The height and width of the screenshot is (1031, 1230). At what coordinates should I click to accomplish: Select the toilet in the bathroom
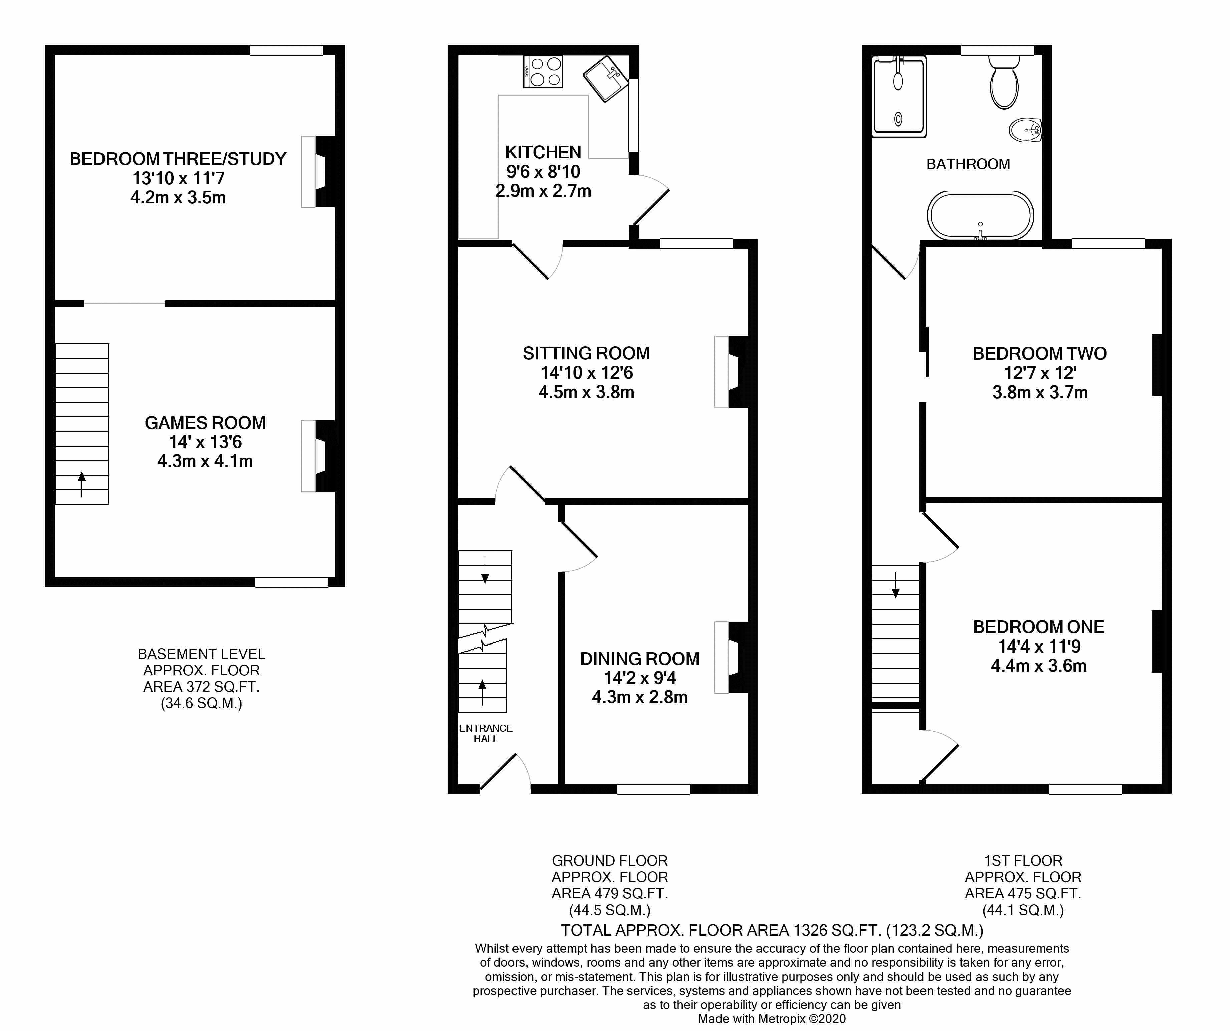click(x=1004, y=82)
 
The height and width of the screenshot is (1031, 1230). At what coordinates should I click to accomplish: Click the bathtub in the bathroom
click(x=980, y=216)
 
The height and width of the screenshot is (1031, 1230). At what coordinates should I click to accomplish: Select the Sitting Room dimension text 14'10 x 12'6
click(x=586, y=373)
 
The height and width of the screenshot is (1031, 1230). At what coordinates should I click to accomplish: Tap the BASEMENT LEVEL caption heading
click(x=201, y=654)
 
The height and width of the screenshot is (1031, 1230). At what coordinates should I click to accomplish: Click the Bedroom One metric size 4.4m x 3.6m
click(x=1038, y=666)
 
